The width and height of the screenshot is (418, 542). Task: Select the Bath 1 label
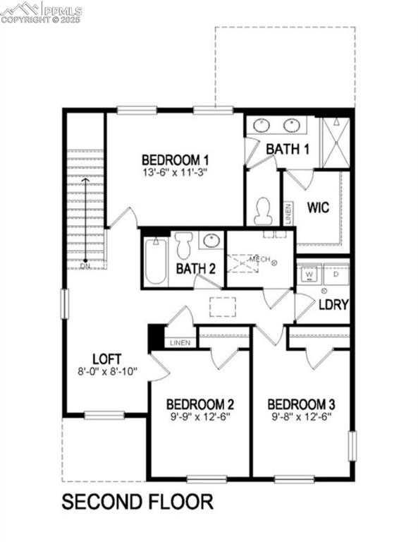click(x=288, y=149)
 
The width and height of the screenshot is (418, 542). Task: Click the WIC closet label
click(x=319, y=209)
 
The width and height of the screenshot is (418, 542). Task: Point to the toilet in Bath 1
click(x=263, y=210)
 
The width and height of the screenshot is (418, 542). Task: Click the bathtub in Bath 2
click(x=156, y=260)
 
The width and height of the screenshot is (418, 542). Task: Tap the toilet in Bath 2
click(x=184, y=246)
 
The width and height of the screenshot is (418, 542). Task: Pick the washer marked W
click(x=309, y=274)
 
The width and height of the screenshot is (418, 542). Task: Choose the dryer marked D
click(x=336, y=274)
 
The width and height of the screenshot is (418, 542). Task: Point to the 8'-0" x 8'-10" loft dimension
click(x=107, y=370)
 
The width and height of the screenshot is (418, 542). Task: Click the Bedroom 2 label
click(x=200, y=404)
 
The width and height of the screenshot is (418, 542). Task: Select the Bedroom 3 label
click(x=301, y=404)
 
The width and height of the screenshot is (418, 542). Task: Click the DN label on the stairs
click(x=85, y=266)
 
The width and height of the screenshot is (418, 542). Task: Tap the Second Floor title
click(x=137, y=502)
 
